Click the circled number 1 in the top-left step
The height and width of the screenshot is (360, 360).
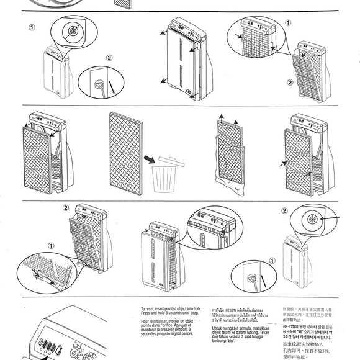[32, 27]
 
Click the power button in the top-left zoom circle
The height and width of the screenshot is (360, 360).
[73, 30]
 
